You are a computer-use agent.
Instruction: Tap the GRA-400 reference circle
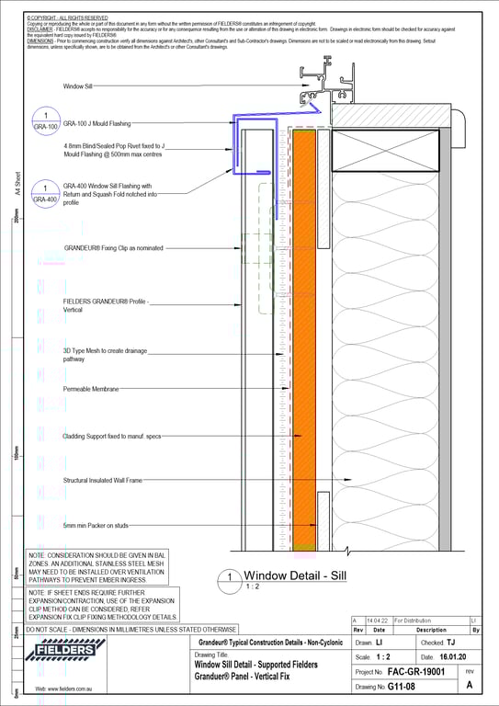point(46,193)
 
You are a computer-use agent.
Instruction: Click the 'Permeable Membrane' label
point(91,390)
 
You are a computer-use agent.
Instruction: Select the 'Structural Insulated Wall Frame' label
point(103,480)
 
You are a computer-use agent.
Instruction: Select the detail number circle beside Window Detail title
point(228,581)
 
